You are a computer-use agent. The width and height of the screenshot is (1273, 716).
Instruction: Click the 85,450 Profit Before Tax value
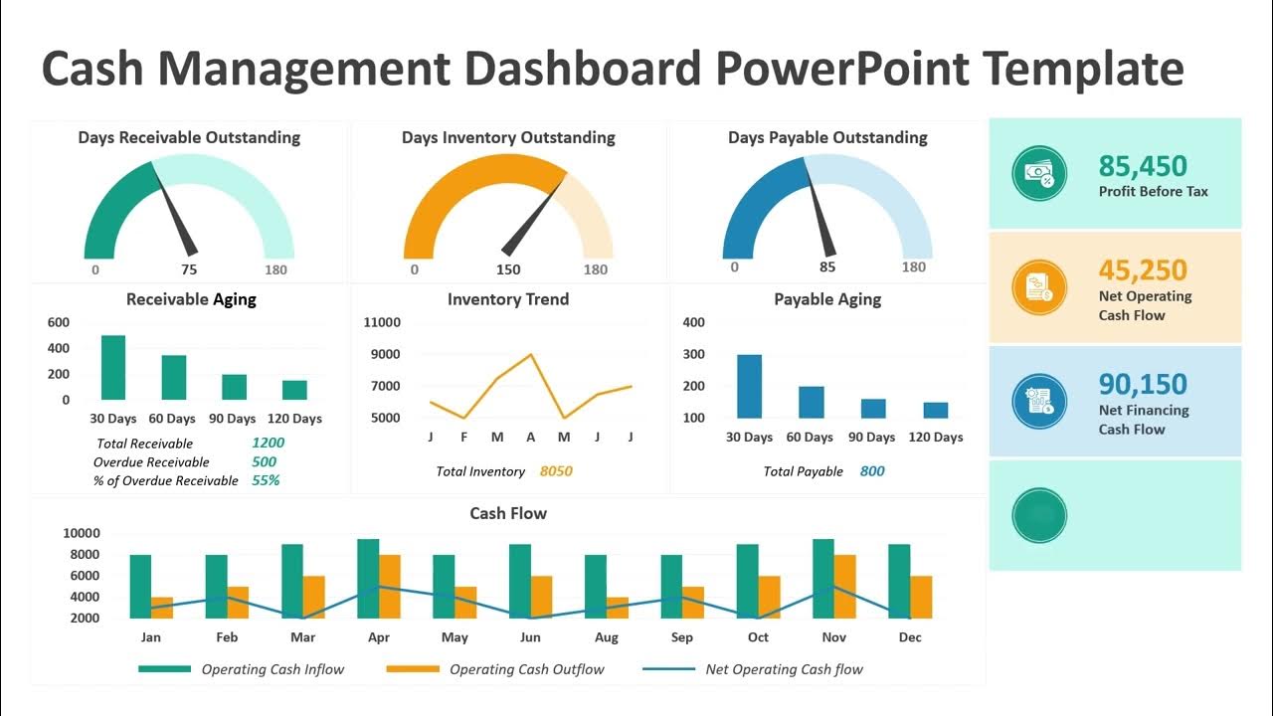pos(1143,166)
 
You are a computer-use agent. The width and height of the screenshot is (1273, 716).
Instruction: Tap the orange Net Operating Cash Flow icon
pos(1039,287)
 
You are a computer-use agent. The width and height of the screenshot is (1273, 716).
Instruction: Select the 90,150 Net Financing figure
pos(1143,384)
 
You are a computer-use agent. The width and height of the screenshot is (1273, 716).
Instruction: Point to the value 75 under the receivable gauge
pos(189,269)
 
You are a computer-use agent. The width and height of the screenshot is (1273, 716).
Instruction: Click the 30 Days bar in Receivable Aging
pos(113,367)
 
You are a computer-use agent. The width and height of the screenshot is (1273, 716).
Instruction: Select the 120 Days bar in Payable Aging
pos(935,410)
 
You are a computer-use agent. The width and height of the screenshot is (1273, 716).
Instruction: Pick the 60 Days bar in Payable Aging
pos(811,402)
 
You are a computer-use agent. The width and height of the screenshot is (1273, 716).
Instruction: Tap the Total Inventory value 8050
pos(556,471)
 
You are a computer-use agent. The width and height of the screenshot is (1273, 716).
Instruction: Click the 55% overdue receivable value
pos(266,480)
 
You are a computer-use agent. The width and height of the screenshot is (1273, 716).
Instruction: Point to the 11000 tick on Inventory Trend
pos(382,322)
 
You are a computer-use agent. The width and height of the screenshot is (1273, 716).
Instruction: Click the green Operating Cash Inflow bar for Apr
pos(368,578)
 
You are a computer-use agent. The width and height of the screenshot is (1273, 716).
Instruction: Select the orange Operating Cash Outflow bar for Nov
pos(843,586)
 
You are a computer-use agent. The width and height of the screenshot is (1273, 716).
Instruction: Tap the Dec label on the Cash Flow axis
pos(909,637)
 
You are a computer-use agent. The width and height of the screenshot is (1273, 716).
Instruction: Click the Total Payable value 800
pos(872,471)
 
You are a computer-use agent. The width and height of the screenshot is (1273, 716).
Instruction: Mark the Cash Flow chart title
pos(508,513)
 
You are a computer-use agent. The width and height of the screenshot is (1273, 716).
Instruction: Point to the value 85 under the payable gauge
pos(827,268)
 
